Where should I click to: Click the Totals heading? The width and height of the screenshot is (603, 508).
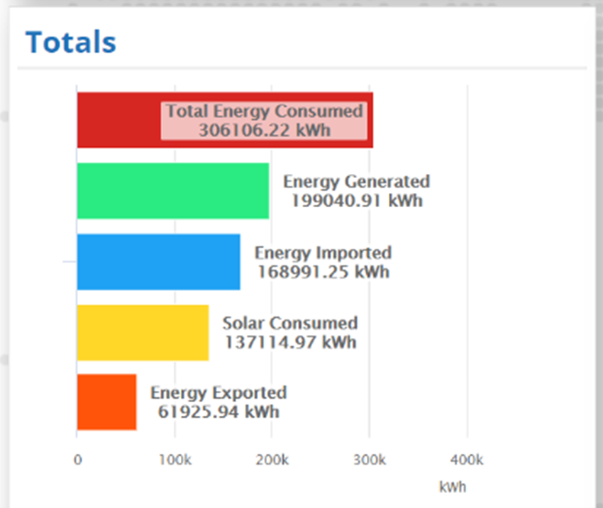point(70,43)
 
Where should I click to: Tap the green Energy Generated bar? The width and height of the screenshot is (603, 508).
point(172,191)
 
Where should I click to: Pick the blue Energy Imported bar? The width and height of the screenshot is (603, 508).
point(158,262)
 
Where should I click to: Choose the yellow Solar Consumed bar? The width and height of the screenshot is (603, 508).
point(143,333)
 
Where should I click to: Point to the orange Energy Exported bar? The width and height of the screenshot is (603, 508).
point(106,402)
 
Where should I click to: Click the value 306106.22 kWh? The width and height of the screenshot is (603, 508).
point(265,131)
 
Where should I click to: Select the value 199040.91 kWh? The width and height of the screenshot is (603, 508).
point(356,201)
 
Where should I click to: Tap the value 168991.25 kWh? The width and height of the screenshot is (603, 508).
point(323,272)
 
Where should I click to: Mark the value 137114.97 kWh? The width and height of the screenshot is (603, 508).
point(290,343)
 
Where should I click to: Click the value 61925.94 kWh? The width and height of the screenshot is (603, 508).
point(218,412)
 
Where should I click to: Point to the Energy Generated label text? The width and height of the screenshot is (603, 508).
point(356,182)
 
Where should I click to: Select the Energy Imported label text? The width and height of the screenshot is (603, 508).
point(323,253)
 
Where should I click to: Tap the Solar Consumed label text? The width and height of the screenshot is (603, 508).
point(290,324)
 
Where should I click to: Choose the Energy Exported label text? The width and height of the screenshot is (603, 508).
point(218,393)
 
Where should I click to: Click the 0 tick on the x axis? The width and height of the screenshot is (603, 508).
point(77,460)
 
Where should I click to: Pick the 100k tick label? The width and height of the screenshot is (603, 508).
point(175,460)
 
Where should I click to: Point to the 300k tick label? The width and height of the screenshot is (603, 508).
point(370,460)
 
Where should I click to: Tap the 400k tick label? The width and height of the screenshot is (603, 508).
point(467,460)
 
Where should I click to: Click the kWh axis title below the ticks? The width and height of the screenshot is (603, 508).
point(453,487)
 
